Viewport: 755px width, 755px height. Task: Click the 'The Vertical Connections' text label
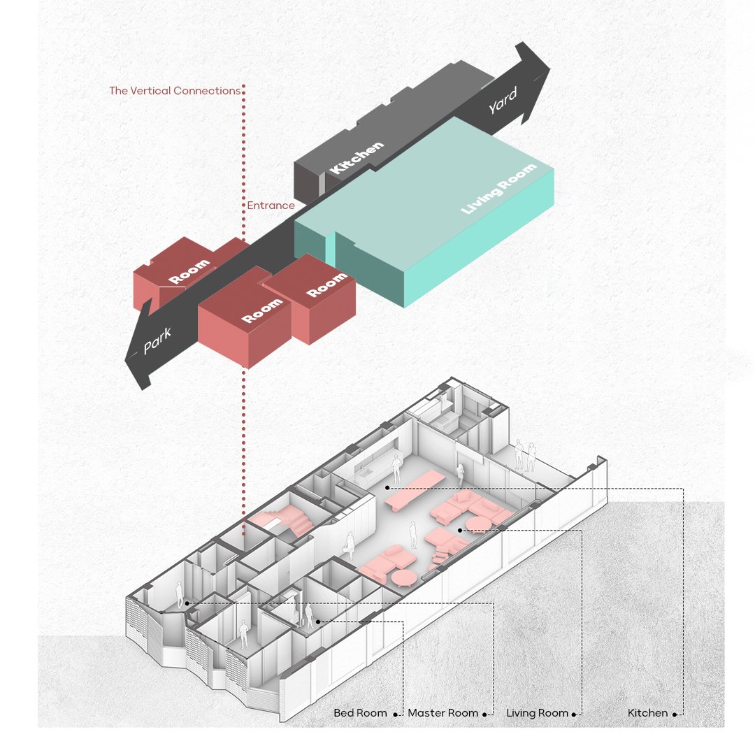coord(175,91)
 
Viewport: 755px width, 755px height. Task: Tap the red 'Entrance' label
coord(271,206)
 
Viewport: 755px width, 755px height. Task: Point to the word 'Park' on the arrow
coord(157,341)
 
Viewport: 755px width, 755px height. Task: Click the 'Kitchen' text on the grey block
coord(357,157)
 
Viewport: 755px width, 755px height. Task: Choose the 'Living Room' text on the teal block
coord(498,188)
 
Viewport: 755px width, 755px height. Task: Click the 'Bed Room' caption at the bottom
coord(360,713)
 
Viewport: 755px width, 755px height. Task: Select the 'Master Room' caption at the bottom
coord(443,713)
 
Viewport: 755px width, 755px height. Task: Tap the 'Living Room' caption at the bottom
coord(537,713)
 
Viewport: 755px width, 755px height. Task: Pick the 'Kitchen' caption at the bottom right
coord(647,713)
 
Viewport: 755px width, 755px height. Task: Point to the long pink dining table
coord(414,488)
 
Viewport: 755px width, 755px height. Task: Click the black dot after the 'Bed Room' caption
coord(395,714)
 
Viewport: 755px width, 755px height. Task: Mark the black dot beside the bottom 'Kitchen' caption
coord(675,714)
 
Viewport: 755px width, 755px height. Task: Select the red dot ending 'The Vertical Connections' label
coord(243,91)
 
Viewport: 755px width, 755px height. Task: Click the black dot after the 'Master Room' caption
coord(484,714)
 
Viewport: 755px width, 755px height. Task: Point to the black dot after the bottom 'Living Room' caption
coord(575,714)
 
